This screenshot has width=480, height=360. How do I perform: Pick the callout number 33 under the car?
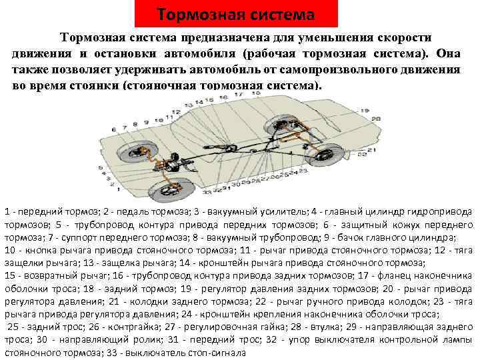click(207, 191)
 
